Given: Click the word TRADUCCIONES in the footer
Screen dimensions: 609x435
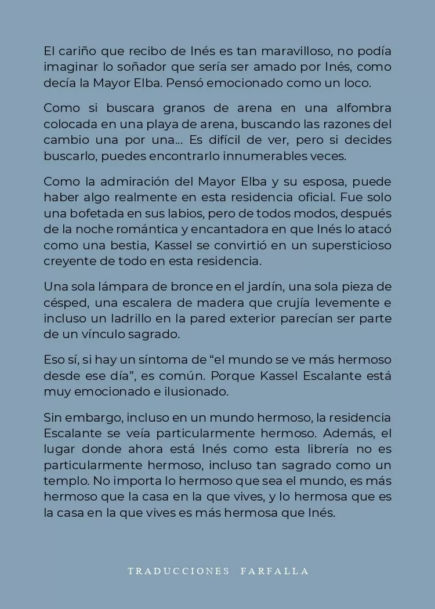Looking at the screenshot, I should tap(179, 571).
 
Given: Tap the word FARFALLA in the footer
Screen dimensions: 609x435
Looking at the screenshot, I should tap(274, 571).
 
